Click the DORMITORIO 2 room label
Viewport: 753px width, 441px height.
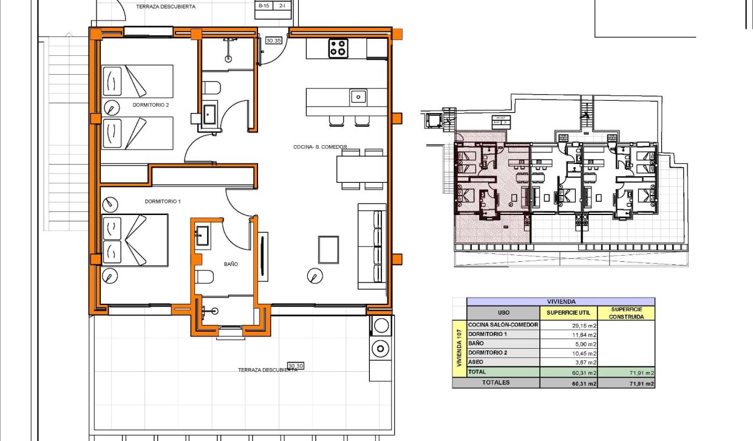point(151,104)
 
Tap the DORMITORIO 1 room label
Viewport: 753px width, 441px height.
point(163,201)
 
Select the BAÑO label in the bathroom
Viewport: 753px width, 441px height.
point(231,264)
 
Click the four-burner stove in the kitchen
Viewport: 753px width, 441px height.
point(338,48)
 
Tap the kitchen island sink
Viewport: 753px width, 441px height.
point(358,96)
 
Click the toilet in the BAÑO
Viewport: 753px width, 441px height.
point(205,278)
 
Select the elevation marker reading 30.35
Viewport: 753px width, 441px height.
point(274,41)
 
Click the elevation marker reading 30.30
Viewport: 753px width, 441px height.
point(296,366)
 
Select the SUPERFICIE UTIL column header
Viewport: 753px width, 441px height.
point(568,312)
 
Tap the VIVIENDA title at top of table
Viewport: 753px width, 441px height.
point(560,301)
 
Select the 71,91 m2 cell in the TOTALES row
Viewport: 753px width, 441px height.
point(627,383)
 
